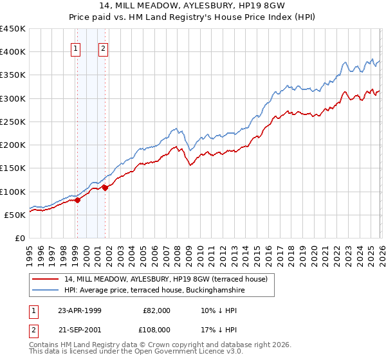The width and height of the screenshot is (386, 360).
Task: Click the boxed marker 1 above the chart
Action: point(76,48)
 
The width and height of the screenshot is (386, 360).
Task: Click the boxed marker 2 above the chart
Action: point(103,48)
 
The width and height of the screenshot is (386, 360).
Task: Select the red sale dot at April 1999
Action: point(78,200)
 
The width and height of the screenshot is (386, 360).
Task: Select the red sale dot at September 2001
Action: point(105,188)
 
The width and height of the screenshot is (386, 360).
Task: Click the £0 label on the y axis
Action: point(19,238)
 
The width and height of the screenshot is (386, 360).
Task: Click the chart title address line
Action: point(193,8)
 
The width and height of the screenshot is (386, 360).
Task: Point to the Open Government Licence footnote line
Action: point(136,353)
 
